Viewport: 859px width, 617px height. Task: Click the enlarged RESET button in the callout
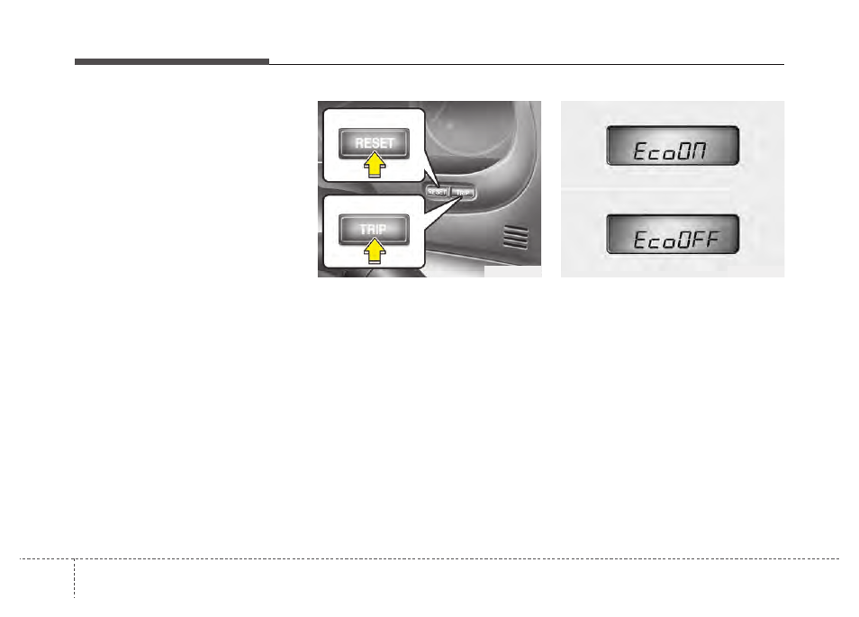pos(374,142)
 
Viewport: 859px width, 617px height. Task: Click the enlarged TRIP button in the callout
pos(374,229)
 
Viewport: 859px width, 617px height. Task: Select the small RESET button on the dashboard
pos(438,192)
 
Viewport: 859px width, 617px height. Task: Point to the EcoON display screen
pos(673,146)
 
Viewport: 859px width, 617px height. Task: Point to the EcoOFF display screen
pos(673,235)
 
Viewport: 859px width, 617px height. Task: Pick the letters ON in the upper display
pos(695,152)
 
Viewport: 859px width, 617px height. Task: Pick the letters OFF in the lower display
pos(701,241)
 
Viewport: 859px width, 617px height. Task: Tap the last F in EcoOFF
pos(722,241)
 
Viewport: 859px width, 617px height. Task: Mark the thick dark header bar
pos(171,61)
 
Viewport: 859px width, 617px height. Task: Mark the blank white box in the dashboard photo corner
pos(512,271)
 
